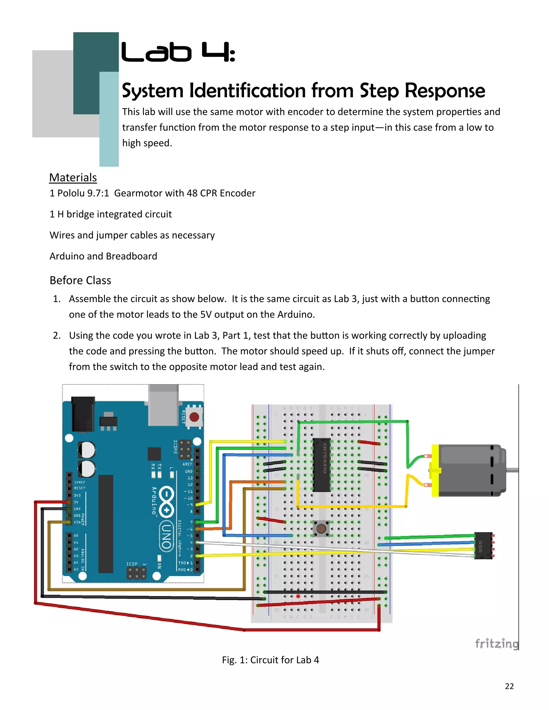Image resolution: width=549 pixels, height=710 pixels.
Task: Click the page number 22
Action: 509,686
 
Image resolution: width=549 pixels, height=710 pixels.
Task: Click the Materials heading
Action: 73,177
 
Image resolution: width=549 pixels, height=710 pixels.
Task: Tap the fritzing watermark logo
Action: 496,643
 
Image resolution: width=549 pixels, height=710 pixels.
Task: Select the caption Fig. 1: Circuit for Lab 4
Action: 270,660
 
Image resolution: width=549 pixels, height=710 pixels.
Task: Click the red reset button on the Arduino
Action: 194,417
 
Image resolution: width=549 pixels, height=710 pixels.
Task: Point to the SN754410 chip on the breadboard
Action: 321,465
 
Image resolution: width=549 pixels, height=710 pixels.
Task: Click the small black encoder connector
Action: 483,545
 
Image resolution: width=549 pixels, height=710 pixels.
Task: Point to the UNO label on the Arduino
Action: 166,536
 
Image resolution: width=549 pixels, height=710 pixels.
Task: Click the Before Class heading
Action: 80,280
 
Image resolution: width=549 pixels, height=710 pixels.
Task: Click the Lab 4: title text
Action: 178,53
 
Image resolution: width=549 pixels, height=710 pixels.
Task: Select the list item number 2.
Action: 57,335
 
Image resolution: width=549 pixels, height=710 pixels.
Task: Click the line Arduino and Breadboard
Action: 103,256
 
